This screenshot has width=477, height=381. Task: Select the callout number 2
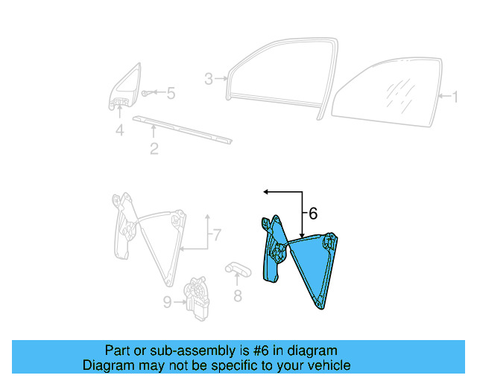point(154,149)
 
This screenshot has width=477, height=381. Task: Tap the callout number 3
point(209,79)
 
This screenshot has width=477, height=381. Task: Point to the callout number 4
point(119,131)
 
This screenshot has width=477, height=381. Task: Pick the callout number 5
point(171,94)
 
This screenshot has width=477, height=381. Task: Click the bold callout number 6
point(312,214)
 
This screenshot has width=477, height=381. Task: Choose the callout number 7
point(215,237)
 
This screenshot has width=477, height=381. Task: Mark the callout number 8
point(238,295)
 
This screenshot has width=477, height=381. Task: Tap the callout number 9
point(168,301)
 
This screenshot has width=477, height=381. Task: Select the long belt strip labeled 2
point(183,128)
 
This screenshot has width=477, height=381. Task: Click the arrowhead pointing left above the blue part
point(265,192)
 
